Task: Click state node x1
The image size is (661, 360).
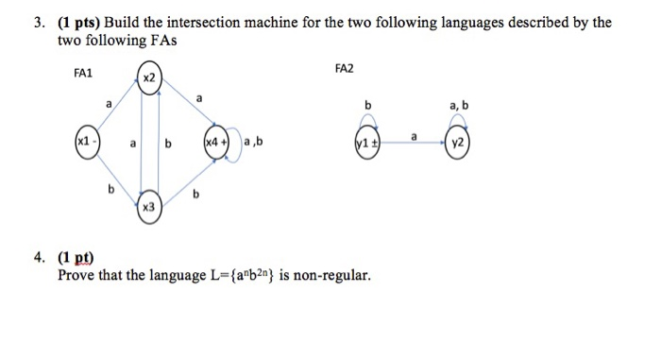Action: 87,146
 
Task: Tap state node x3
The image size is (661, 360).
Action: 149,206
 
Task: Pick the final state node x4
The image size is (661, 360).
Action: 214,146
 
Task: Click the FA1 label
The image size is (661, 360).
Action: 84,72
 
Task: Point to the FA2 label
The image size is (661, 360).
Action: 347,69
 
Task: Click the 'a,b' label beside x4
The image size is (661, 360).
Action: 253,145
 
